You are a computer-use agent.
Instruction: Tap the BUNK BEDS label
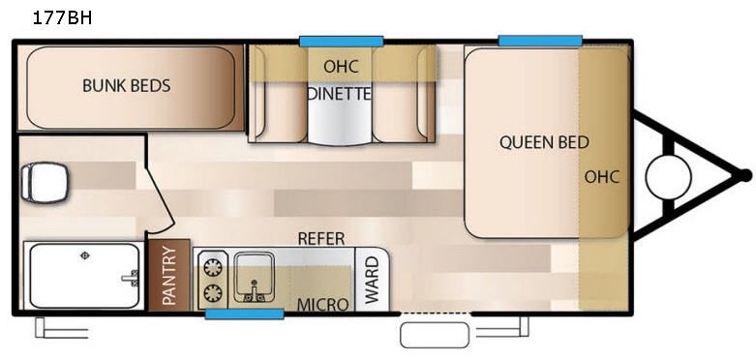click(126, 86)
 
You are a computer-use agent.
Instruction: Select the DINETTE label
click(340, 94)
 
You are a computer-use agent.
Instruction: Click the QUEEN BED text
click(544, 142)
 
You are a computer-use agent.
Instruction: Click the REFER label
click(320, 238)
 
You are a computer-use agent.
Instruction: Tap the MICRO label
click(322, 304)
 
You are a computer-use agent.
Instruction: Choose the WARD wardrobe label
click(372, 279)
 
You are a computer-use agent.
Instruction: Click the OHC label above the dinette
click(341, 65)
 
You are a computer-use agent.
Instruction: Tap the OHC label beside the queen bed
click(602, 176)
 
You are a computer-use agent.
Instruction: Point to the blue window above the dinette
click(341, 41)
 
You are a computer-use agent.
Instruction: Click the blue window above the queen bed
click(540, 41)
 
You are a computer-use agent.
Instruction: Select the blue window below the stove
click(244, 313)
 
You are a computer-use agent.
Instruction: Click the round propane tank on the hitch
click(667, 176)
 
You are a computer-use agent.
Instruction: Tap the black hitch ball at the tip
click(744, 175)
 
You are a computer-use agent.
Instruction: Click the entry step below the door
click(436, 334)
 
